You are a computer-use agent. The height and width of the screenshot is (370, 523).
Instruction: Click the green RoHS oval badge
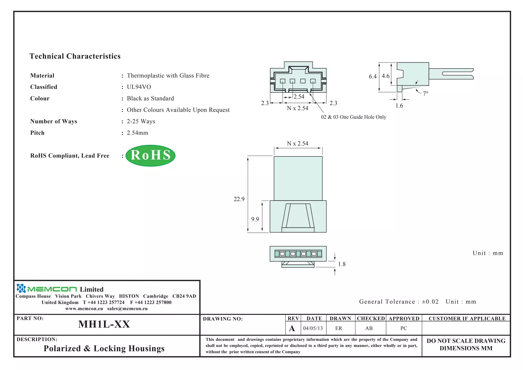(150, 155)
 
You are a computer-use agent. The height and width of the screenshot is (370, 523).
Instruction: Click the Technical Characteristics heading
(75, 56)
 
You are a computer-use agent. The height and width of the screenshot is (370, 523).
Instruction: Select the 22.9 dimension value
(239, 199)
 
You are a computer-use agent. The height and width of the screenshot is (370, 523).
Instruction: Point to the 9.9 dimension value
(255, 219)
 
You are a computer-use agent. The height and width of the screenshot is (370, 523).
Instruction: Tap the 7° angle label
(425, 94)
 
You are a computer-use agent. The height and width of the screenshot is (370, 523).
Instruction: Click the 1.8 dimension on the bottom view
(342, 264)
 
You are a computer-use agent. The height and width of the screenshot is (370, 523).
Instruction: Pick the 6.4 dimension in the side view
(373, 76)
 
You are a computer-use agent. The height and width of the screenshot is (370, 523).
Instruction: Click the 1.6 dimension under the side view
(399, 106)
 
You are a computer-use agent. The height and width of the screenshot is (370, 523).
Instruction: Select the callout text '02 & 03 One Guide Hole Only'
(353, 117)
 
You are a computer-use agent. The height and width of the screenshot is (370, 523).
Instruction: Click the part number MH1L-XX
(104, 324)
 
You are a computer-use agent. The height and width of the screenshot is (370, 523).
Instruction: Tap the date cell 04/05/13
(313, 328)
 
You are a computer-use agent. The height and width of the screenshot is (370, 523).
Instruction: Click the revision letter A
(292, 329)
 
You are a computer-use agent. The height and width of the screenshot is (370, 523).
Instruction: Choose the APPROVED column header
(404, 319)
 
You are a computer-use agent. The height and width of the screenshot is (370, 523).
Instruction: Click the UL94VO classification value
(139, 87)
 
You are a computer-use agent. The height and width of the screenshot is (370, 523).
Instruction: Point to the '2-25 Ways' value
(141, 121)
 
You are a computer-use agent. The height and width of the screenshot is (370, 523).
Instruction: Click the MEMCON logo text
(52, 289)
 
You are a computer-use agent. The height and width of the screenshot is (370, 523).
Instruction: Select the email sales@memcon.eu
(127, 309)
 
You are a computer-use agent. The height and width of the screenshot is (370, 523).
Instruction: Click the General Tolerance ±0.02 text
(399, 302)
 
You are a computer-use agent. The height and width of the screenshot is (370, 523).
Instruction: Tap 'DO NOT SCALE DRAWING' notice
(466, 341)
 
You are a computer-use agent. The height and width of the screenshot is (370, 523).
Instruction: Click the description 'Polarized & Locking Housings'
(104, 349)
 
